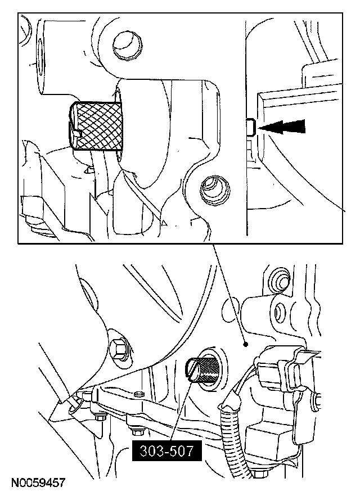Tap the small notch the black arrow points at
pyautogui.click(x=251, y=128)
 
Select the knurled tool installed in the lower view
pyautogui.click(x=202, y=372)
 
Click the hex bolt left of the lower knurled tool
pyautogui.click(x=120, y=349)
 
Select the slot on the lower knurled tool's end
pyautogui.click(x=193, y=374)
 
